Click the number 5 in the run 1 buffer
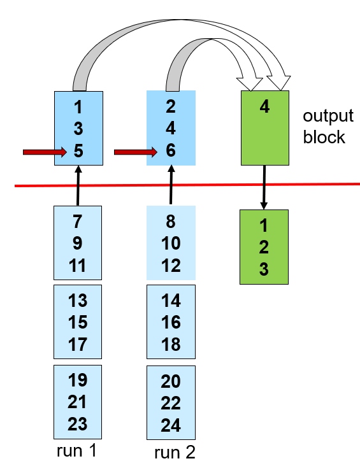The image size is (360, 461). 78,150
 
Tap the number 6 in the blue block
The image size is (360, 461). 171,150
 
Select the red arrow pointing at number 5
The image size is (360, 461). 45,152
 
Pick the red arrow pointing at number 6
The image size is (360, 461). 136,152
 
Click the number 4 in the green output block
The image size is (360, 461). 264,106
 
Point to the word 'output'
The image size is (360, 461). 328,116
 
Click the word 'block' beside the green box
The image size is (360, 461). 324,137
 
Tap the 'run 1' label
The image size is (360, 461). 76,450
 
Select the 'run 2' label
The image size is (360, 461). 175,452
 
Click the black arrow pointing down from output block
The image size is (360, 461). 264,187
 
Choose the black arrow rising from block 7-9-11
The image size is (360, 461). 78,185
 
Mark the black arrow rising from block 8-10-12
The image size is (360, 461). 171,185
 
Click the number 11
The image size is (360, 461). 77,266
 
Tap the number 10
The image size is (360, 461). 171,243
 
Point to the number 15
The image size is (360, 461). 78,322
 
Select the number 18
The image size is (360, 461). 171,344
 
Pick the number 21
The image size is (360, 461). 77,402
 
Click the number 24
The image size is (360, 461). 171,425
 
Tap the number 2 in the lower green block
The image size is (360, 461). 264,247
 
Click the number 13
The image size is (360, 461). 78,300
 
